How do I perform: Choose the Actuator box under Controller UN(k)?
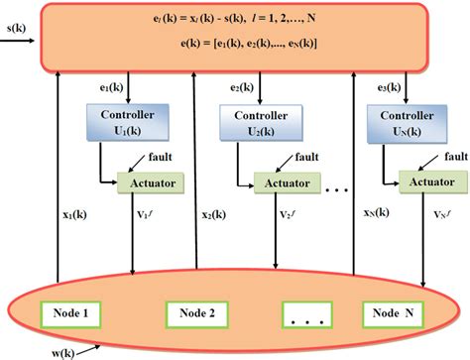(x=433, y=183)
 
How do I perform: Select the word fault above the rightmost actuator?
(x=455, y=156)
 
